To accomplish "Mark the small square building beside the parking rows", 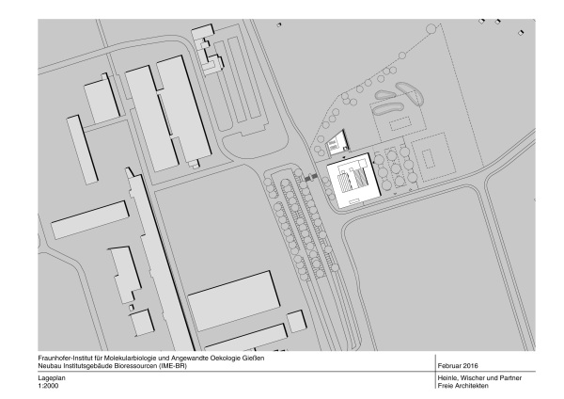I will click(297, 321).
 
